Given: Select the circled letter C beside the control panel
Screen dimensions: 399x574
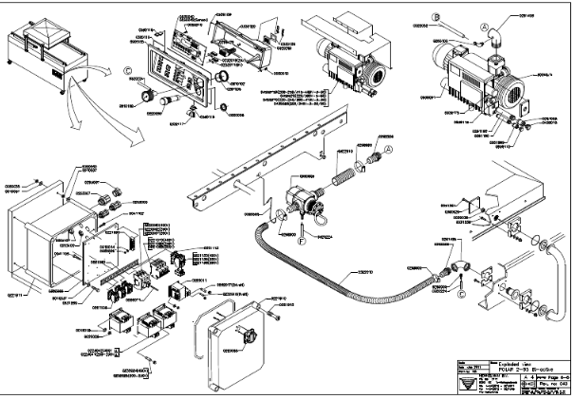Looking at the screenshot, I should tap(128, 68).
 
